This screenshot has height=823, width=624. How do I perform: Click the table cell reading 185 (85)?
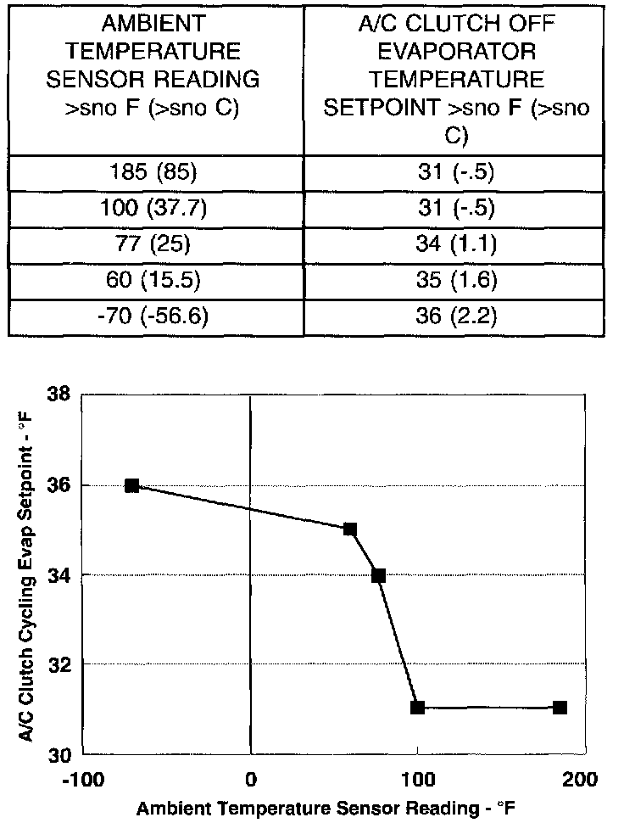(155, 175)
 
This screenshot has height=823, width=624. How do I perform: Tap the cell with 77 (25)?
(155, 246)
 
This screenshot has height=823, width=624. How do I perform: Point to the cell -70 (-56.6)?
(155, 317)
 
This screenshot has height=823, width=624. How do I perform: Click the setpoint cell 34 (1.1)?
(457, 246)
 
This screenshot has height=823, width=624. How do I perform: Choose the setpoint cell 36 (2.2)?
(457, 317)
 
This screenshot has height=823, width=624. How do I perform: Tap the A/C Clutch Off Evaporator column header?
(457, 80)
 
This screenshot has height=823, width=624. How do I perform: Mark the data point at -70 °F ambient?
(132, 485)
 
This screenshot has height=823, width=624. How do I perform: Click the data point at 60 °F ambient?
(350, 529)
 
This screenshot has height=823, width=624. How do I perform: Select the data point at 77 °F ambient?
(379, 575)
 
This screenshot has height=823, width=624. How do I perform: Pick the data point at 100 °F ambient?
(417, 708)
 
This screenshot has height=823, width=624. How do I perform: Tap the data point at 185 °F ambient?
(560, 708)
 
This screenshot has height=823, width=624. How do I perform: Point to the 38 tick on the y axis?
(58, 395)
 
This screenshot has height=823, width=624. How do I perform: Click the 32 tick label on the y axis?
(58, 663)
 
